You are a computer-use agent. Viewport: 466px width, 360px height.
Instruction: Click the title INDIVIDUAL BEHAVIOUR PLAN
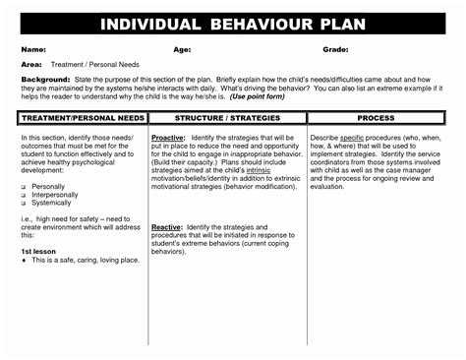click(232, 25)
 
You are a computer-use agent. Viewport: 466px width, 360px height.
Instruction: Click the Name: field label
click(33, 48)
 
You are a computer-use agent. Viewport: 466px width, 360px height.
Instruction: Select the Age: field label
click(183, 48)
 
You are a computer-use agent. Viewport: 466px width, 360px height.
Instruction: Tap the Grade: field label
click(336, 48)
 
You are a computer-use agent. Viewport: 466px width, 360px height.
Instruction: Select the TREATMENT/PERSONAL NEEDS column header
click(84, 117)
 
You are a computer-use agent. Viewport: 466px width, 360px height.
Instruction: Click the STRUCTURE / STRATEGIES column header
click(227, 117)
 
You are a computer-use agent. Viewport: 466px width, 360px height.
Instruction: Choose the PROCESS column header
click(376, 117)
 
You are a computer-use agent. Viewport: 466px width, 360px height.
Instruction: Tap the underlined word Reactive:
click(169, 227)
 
